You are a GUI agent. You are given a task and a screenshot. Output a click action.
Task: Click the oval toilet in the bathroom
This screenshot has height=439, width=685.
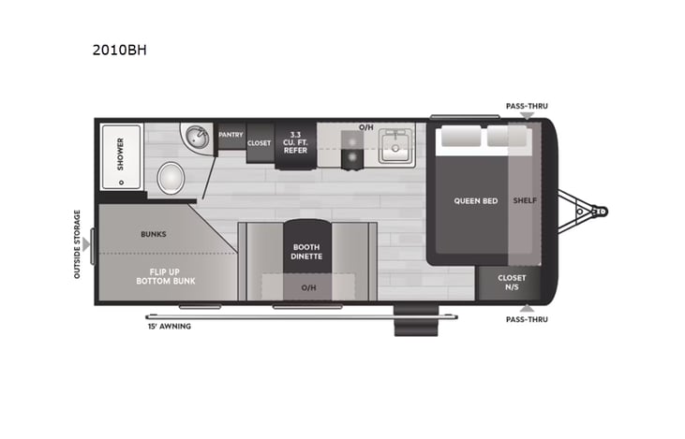171,177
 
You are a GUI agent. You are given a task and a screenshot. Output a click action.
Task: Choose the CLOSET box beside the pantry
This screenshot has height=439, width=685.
260,143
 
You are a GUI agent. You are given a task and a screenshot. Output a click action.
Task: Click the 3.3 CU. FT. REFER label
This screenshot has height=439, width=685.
294,143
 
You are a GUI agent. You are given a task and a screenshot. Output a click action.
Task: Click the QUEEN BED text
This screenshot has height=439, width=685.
475,200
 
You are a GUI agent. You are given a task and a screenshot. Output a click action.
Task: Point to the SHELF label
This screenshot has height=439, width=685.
525,200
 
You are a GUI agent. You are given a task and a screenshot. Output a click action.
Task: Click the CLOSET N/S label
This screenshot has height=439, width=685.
513,282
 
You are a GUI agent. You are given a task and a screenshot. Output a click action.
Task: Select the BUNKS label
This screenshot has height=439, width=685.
154,233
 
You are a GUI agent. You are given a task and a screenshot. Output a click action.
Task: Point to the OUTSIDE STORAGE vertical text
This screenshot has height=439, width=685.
78,244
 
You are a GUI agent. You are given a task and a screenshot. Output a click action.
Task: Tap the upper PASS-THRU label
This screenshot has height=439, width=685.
526,107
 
